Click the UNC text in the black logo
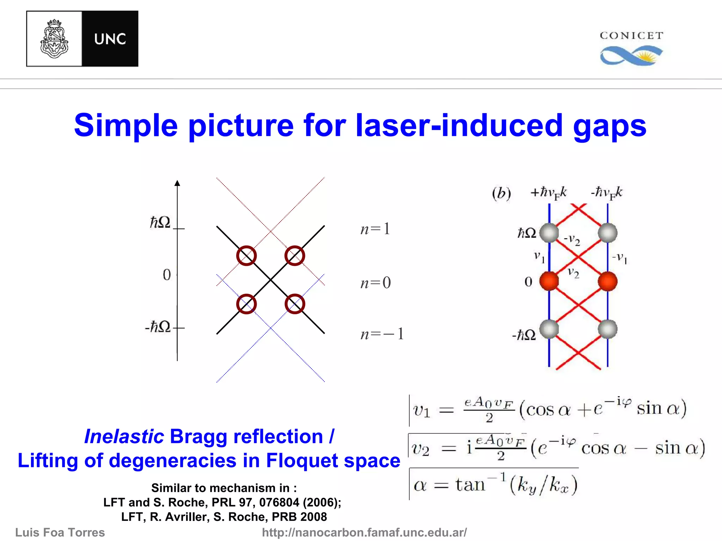point(110,39)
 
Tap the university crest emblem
point(54,39)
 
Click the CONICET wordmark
point(631,36)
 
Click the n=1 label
point(375,229)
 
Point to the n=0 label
point(375,283)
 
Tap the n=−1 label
point(382,334)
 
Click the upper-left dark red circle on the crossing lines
point(246,256)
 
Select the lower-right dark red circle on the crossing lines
point(295,304)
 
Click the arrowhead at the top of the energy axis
point(177,183)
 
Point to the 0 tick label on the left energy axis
point(167,275)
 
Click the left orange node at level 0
point(549,281)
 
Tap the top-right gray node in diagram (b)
point(607,233)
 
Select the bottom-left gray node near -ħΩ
point(549,329)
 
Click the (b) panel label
point(501,193)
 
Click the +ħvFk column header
point(548,193)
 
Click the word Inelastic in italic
point(124,436)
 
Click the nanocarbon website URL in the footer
point(364,532)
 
